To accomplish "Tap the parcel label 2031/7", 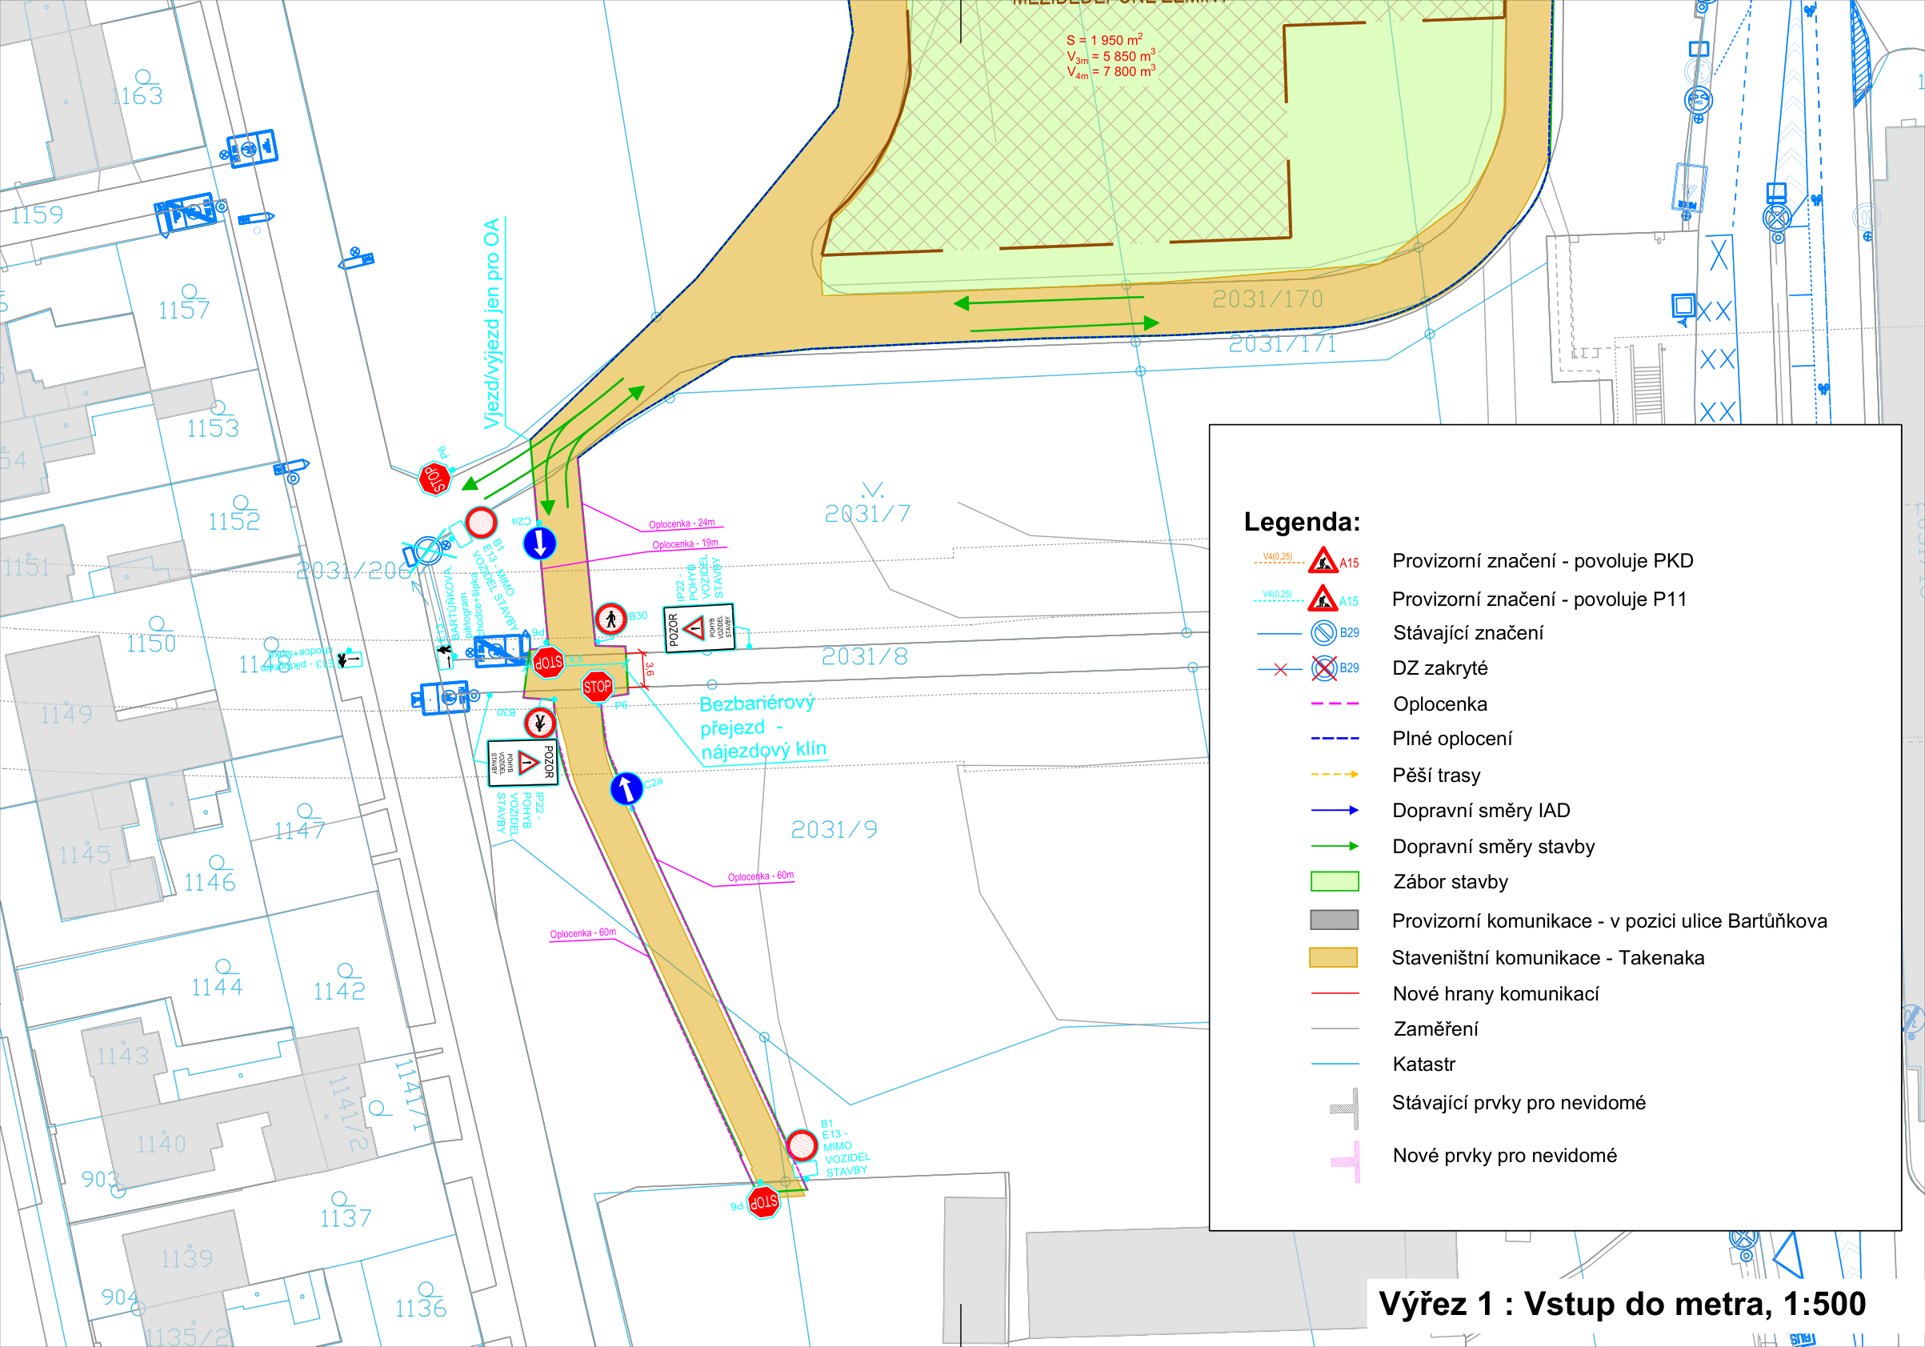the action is [x=867, y=513].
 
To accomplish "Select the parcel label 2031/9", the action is [x=834, y=829].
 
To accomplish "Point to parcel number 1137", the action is [x=346, y=1218].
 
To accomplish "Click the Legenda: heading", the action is [x=1301, y=522].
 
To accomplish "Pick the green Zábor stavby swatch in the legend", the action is [x=1334, y=881].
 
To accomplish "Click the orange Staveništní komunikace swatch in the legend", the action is [x=1333, y=957].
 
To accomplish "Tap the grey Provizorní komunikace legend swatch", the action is [x=1334, y=920].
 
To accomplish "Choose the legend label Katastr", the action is [x=1423, y=1064].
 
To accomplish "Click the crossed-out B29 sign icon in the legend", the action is [x=1324, y=668].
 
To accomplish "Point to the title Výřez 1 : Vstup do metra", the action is [x=1622, y=1304].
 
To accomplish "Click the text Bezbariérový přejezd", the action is [x=757, y=715].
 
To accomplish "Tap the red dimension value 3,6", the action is [x=649, y=669].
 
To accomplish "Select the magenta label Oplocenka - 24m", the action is [x=682, y=524].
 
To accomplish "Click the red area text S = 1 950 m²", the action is [x=1104, y=40].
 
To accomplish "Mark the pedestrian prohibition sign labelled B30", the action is [x=611, y=619].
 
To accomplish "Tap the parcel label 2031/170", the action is [x=1267, y=299].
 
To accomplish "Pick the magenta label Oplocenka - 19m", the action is [x=685, y=544].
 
